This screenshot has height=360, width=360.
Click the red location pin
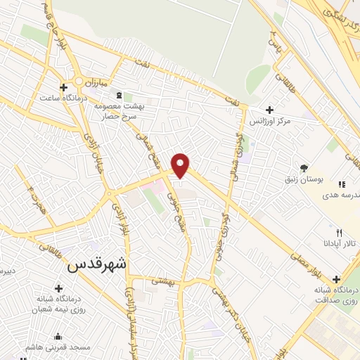[x=181, y=165]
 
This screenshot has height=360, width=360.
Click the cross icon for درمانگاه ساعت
[x=64, y=88]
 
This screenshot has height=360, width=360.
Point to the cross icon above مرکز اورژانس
[x=269, y=110]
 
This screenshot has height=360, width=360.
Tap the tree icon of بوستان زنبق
[x=304, y=167]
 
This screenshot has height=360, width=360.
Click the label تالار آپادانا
[x=340, y=243]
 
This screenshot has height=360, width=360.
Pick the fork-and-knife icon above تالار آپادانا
[x=340, y=231]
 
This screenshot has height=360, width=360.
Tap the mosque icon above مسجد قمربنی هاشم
[x=58, y=335]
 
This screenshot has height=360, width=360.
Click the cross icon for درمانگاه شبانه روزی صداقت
[x=336, y=279]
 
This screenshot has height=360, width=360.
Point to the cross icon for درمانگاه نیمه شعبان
[x=58, y=288]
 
